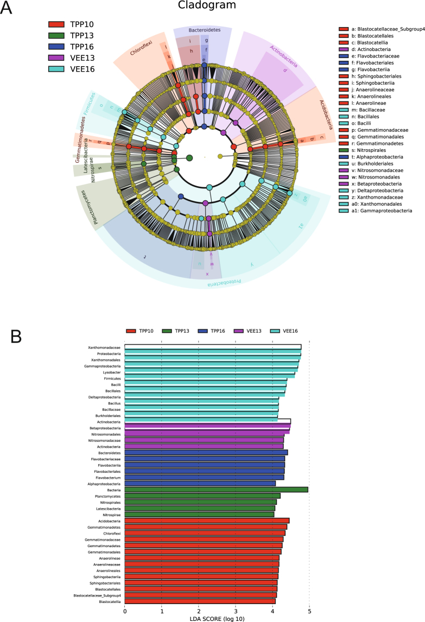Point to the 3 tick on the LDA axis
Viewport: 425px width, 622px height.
coord(236,610)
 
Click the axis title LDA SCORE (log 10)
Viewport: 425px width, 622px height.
coord(217,618)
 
